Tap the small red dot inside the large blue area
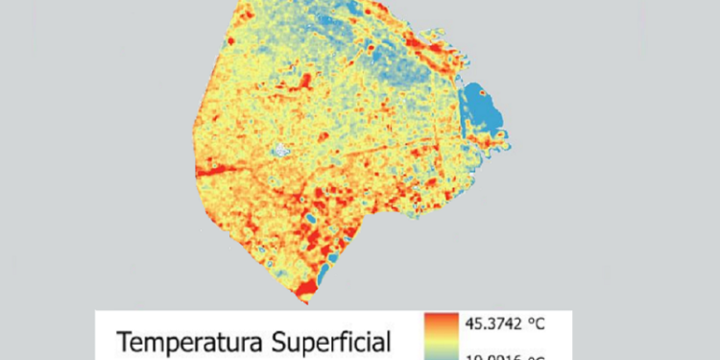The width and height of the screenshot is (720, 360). coord(483,93)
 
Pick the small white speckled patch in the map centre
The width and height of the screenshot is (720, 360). coord(279,150)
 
